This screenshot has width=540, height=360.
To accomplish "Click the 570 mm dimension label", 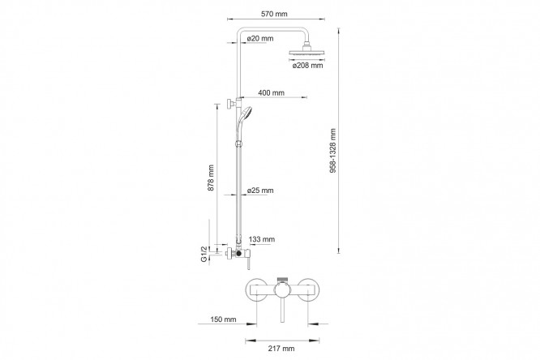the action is [274, 14].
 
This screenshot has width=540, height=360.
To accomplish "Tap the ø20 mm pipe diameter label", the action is [260, 38].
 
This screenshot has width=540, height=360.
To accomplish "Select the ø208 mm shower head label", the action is [307, 66].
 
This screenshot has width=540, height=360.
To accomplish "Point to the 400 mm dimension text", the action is [272, 93].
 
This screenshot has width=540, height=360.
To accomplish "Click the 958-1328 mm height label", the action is [333, 151].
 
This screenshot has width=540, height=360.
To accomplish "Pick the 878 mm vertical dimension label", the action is [211, 178].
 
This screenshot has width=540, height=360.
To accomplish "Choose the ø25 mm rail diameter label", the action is [260, 191].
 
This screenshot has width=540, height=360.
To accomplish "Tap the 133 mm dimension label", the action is [262, 239].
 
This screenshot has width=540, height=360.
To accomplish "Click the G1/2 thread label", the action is [204, 254].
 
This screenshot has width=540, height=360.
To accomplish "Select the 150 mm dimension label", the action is [223, 319].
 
